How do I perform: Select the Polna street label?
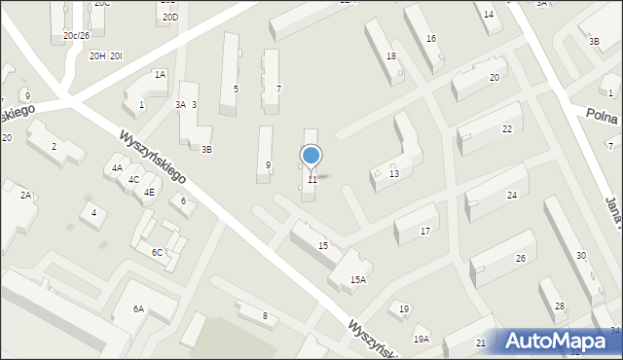coord(603,114)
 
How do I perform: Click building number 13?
coord(393,173)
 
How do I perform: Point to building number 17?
coord(424,232)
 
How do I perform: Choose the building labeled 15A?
coord(358,279)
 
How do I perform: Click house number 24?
coord(511,196)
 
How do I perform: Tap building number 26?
coord(520,258)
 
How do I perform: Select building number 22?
coord(506,129)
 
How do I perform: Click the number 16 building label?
coord(430,38)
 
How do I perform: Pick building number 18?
coord(390,56)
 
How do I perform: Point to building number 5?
coord(236,89)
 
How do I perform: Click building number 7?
coord(278,89)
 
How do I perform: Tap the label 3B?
coord(205,149)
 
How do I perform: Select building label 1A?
coord(160,74)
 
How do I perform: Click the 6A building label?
coord(139,308)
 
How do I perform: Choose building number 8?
coord(264,315)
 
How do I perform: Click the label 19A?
coord(421,339)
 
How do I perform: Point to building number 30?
coord(580,255)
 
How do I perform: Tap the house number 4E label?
coord(149,192)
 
